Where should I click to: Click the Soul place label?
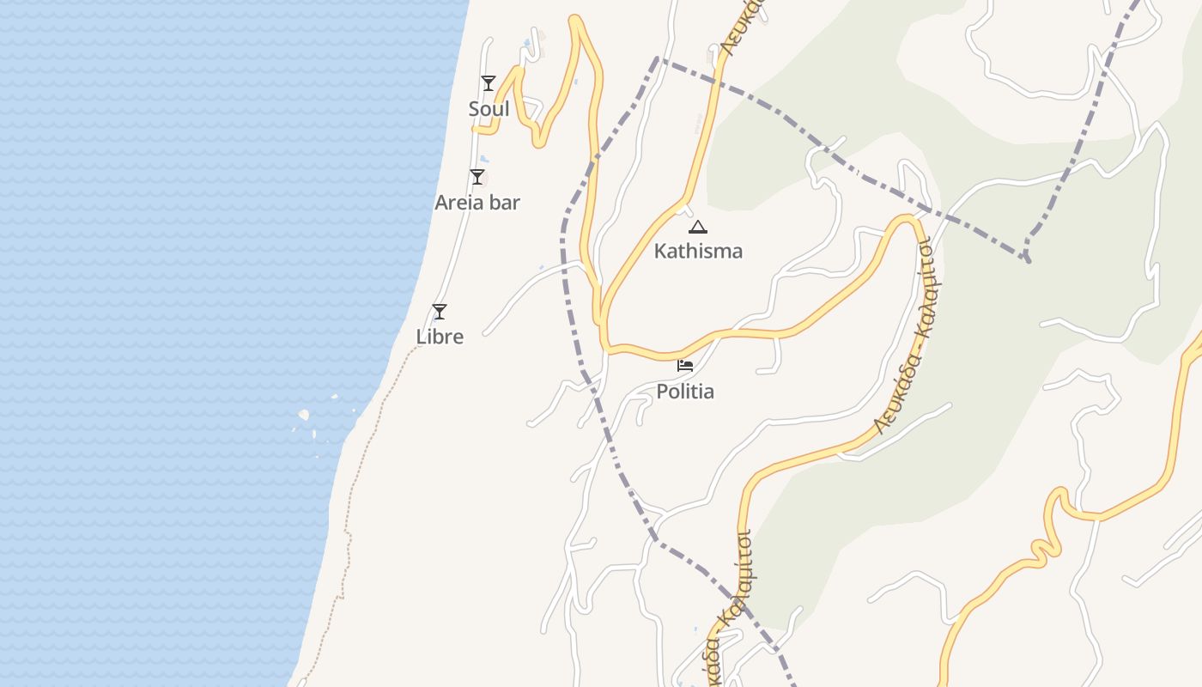coord(489,109)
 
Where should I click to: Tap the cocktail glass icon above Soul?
coord(488,83)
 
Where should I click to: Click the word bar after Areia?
coord(506,203)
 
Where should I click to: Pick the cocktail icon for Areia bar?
coord(477,177)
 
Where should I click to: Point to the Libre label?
coord(440,337)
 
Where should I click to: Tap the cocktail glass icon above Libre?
coord(440,312)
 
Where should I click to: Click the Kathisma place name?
coord(698,251)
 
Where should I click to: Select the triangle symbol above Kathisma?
coord(698,228)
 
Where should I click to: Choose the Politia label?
coord(685,392)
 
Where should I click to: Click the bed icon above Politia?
coord(685,366)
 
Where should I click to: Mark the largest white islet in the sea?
coord(303,416)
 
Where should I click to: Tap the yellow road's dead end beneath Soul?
coord(475,131)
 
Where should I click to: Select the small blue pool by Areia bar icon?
coord(484,160)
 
